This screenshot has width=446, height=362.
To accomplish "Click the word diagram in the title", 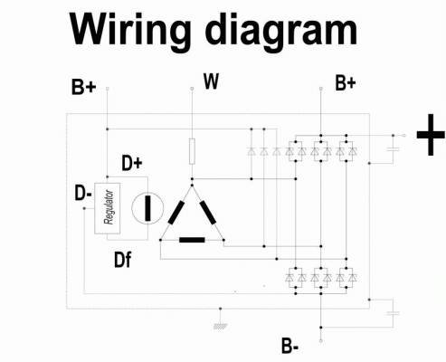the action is coord(280,33).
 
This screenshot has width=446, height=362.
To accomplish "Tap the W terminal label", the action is coord(211,81).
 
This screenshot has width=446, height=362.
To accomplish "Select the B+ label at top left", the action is coord(84,87).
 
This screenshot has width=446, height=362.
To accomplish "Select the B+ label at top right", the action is coord(346,83).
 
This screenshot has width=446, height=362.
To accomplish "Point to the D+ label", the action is coord(132,163).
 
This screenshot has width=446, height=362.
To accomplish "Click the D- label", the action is coord(83,193).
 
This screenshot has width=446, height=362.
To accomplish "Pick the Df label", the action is coord(123,260).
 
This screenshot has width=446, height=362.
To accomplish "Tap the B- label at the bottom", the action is coord(289,346).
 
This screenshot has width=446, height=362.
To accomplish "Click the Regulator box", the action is coord(108,208).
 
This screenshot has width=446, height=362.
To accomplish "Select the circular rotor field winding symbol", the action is coord(147,208).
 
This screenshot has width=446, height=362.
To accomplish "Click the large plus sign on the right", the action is coord(431,135).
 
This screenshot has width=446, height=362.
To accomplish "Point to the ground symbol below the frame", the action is coord(221,326).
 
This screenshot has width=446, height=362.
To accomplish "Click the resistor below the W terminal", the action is coord(192,151).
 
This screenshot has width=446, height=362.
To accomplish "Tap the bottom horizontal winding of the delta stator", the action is coord(192,240).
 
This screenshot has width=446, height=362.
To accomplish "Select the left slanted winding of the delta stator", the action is coord(176,213).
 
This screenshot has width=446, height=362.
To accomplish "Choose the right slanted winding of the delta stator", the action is coord(208,213).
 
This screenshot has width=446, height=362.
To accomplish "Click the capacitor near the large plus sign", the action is coord(394,149).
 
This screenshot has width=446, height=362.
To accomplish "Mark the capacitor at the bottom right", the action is coord(394,313).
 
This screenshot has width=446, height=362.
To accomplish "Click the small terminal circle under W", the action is coord(192,89).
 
